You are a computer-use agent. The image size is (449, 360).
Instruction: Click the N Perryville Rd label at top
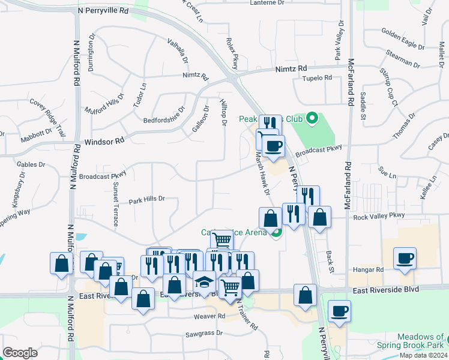pyautogui.click(x=103, y=11)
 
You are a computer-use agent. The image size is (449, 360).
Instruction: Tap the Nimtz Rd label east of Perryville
pyautogui.click(x=291, y=69)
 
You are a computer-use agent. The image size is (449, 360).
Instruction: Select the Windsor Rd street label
pyautogui.click(x=104, y=140)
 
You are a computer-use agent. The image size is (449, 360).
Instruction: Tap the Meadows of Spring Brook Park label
pyautogui.click(x=411, y=341)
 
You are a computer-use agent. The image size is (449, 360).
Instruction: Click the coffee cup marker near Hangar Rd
pyautogui.click(x=405, y=259)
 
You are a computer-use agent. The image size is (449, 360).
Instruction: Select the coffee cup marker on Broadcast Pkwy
pyautogui.click(x=273, y=146)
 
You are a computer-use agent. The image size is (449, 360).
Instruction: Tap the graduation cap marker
pyautogui.click(x=204, y=282)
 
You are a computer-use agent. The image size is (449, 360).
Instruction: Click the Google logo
pyautogui.click(x=20, y=353)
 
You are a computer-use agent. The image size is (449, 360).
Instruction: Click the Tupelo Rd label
pyautogui.click(x=318, y=78)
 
